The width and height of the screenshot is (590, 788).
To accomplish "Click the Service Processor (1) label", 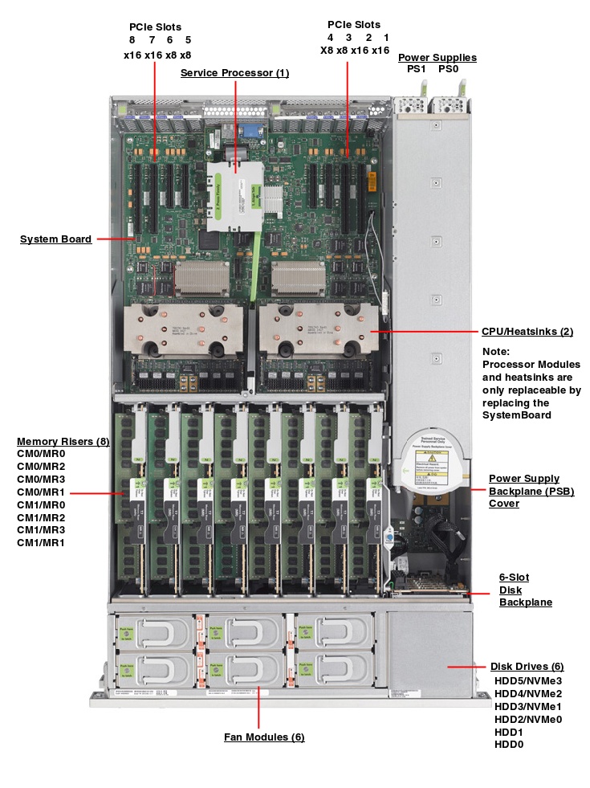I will [234, 73].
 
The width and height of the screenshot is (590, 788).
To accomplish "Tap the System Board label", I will [55, 239].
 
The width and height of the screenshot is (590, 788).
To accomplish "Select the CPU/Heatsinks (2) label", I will [527, 331].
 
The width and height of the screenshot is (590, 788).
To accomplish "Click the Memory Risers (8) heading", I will [63, 441].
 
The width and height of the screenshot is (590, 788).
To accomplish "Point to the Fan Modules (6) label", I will [264, 737].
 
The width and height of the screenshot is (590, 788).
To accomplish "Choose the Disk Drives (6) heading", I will [527, 666].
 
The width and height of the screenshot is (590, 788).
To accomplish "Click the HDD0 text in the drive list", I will [509, 745].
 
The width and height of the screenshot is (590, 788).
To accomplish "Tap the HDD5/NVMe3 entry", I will [527, 680].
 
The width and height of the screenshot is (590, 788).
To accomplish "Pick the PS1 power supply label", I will [416, 70].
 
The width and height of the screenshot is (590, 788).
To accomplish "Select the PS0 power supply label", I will [449, 70].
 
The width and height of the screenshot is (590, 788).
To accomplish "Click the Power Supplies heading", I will [437, 57].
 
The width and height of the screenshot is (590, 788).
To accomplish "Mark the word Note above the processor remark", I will [496, 351].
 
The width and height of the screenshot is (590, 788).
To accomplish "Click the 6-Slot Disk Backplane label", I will [525, 590].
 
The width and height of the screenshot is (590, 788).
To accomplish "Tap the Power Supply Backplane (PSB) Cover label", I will [531, 491].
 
